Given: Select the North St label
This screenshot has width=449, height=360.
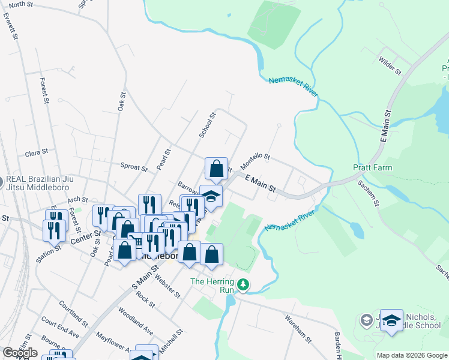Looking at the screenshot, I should (21, 4).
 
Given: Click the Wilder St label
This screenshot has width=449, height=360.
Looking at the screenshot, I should (390, 65).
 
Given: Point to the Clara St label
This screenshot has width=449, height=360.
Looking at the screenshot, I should (36, 153).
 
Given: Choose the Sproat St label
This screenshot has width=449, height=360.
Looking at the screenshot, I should (133, 167).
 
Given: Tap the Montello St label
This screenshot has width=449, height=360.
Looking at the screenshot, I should (256, 159).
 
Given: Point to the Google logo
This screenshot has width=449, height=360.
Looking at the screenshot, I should (20, 353).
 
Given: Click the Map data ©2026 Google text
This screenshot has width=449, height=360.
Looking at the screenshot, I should (412, 355).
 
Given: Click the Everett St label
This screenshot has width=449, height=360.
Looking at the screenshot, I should (9, 27).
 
